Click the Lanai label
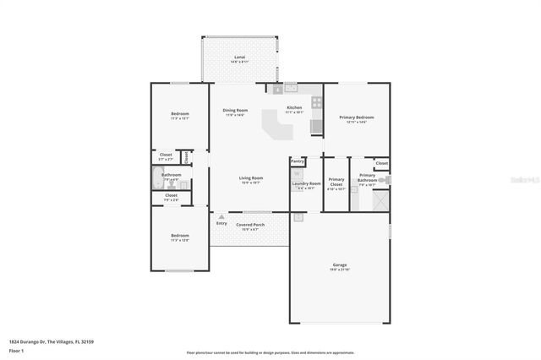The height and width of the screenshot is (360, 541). pos(239,57)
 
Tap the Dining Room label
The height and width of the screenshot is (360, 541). pos(235,111)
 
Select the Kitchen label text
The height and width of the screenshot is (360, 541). pos(294,107)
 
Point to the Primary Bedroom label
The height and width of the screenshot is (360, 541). pos(356,117)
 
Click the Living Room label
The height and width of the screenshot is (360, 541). pos(250,177)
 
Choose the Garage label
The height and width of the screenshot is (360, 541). pos(339,265)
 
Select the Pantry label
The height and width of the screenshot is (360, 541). pos(297,161)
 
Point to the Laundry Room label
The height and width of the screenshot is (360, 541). pos(306,183)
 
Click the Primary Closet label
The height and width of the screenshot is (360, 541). pos(336,180)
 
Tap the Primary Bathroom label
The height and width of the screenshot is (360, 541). pos(367,177)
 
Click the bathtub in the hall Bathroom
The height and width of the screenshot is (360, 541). pos(157,178)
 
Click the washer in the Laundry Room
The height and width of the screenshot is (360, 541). pos(298,173)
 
